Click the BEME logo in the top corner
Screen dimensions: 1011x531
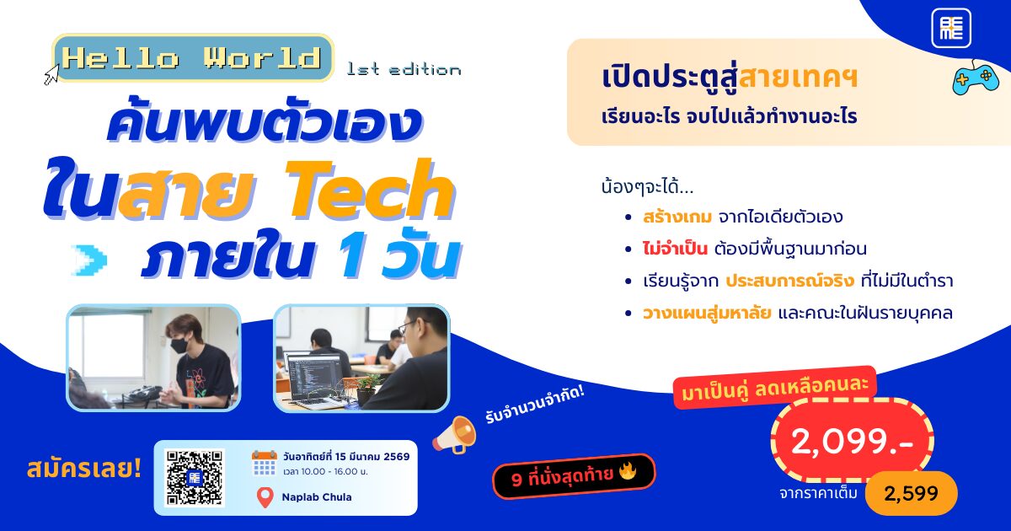click(x=951, y=28)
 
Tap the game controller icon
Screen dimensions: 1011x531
click(x=976, y=78)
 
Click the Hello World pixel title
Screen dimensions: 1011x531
click(x=192, y=58)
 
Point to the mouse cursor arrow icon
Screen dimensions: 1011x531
click(x=51, y=74)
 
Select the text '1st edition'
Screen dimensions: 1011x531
click(x=404, y=69)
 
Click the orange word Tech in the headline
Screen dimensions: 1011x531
click(x=370, y=190)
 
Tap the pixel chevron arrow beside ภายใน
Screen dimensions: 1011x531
click(x=89, y=260)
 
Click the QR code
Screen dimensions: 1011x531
click(x=195, y=477)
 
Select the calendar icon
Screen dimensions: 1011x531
click(x=264, y=463)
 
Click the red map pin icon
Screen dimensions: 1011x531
click(x=265, y=497)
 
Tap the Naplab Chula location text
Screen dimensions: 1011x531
click(x=317, y=497)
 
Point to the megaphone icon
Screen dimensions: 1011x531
click(x=454, y=434)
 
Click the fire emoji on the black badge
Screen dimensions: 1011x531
click(x=628, y=471)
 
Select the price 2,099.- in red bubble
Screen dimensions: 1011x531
click(x=852, y=442)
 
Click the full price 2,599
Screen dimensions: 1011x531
click(x=911, y=493)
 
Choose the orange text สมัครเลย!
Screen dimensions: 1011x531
click(x=84, y=469)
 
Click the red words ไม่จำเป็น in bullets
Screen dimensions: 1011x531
click(x=675, y=249)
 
